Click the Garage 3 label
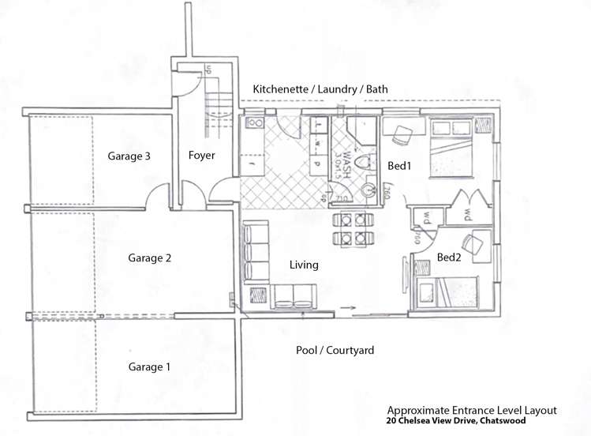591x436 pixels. (x=129, y=156)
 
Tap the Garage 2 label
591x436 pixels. (x=150, y=257)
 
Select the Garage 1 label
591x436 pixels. (x=150, y=366)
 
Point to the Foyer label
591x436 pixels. (x=202, y=156)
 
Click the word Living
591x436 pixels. (x=304, y=265)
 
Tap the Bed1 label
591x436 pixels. (x=398, y=167)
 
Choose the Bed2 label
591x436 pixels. (x=451, y=257)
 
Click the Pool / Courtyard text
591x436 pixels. (x=335, y=350)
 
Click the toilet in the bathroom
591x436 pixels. (x=364, y=163)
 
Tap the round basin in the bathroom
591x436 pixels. (x=369, y=190)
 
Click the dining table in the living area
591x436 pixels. (x=347, y=227)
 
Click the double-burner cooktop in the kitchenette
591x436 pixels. (x=255, y=123)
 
